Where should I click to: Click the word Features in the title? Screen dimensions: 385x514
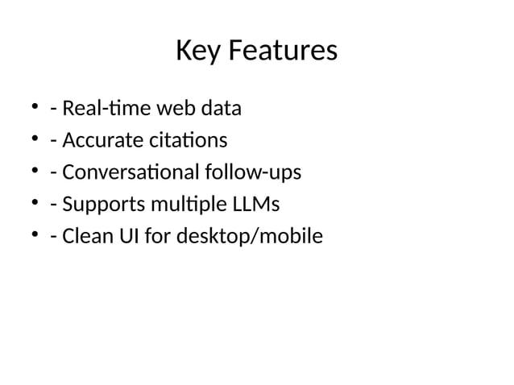(281, 52)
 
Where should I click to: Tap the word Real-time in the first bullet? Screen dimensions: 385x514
(101, 108)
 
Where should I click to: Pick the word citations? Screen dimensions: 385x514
(188, 140)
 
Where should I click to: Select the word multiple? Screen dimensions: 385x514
(177, 205)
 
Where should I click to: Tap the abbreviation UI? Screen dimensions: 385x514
(126, 237)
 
